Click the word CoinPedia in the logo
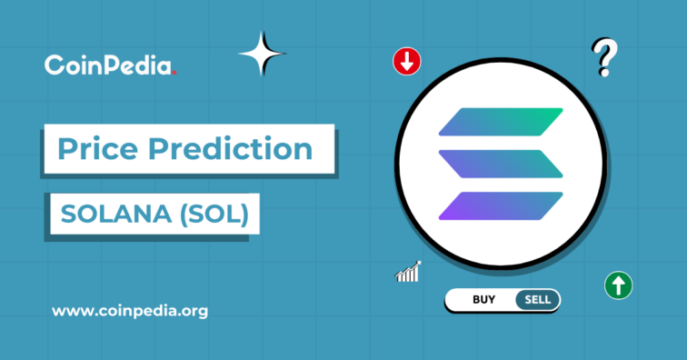[108, 65]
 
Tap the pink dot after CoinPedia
[174, 72]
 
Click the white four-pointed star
[262, 54]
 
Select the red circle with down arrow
[406, 62]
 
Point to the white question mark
[601, 57]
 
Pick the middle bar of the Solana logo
[501, 164]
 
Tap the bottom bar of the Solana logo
[501, 205]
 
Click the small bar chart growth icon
[408, 271]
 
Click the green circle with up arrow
[619, 285]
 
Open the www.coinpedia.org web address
[130, 311]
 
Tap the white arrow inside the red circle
[406, 62]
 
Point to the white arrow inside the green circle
[619, 285]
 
